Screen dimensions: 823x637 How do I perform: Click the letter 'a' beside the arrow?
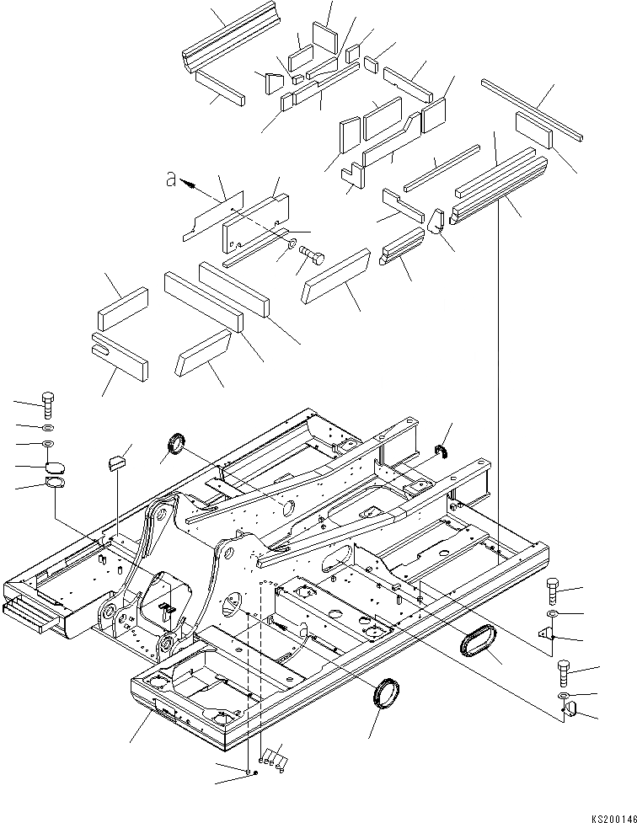(171, 179)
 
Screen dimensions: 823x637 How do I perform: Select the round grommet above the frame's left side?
(177, 442)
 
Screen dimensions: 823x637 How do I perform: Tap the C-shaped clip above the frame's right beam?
(440, 455)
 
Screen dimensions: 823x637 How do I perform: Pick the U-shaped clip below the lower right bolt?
(569, 713)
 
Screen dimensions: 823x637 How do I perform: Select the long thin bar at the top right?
(533, 108)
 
